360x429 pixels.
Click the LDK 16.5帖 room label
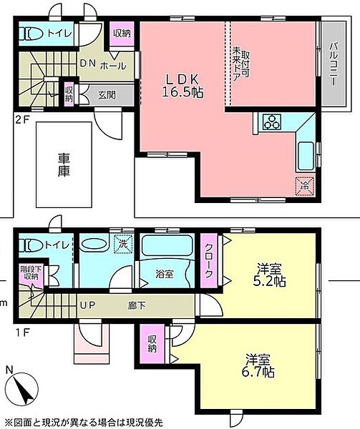(x=183, y=86)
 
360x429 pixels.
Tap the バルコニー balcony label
(x=334, y=64)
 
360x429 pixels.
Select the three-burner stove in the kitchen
(x=271, y=122)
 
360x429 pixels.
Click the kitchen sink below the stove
(x=306, y=156)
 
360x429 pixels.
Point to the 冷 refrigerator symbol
(x=304, y=187)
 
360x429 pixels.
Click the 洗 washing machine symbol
(x=123, y=244)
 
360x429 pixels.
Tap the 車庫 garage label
(x=64, y=165)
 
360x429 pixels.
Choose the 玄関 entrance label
(x=107, y=95)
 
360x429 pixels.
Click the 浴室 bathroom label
(x=165, y=274)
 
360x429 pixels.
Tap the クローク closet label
(x=208, y=260)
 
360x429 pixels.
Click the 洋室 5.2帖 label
(x=269, y=275)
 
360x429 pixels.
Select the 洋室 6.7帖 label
(x=258, y=366)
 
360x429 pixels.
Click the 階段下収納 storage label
(x=31, y=273)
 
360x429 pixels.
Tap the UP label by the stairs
(x=87, y=305)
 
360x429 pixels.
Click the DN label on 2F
(x=87, y=64)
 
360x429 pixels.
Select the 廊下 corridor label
(x=137, y=305)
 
